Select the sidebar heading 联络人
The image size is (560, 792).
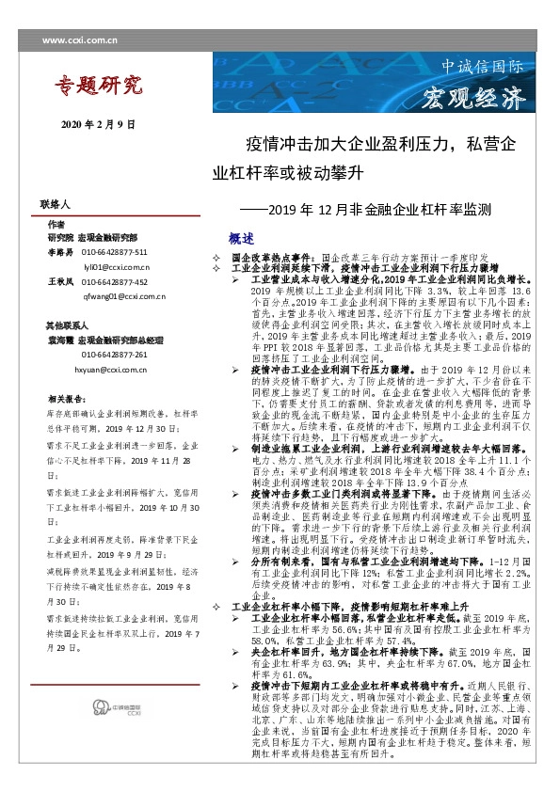pyautogui.click(x=56, y=203)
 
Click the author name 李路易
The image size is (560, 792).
pyautogui.click(x=59, y=253)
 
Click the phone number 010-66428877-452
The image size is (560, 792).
pyautogui.click(x=114, y=281)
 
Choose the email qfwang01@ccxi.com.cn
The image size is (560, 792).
pyautogui.click(x=122, y=295)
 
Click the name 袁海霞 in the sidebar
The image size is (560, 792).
pyautogui.click(x=59, y=340)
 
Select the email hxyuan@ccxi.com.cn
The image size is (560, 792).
pyautogui.click(x=120, y=370)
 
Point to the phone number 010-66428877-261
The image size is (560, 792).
pyautogui.click(x=114, y=355)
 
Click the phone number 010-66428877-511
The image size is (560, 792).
pyautogui.click(x=114, y=253)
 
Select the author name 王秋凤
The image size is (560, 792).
pyautogui.click(x=59, y=281)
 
